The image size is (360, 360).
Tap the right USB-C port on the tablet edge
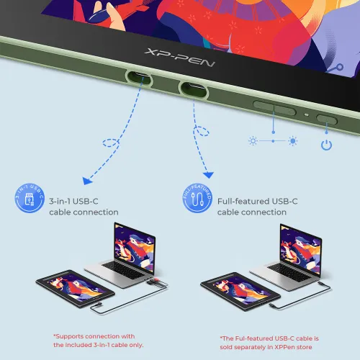193,89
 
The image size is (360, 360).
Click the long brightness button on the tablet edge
274,107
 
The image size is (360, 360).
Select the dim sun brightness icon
253,141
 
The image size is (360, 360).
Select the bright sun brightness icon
292,141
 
